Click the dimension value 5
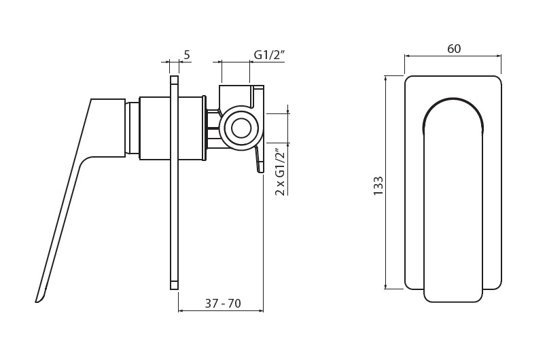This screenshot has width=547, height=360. pyautogui.click(x=187, y=54)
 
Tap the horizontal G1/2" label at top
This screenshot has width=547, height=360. pyautogui.click(x=270, y=55)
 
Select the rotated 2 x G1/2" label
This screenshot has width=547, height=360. pyautogui.click(x=281, y=172)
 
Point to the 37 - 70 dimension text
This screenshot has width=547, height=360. pyautogui.click(x=223, y=304)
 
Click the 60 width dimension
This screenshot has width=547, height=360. pyautogui.click(x=453, y=49)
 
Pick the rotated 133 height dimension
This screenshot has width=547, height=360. pyautogui.click(x=378, y=186)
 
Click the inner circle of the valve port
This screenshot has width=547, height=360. pyautogui.click(x=241, y=127)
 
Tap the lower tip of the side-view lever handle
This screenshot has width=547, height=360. pyautogui.click(x=37, y=301)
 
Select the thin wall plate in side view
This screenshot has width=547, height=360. pyautogui.click(x=175, y=182)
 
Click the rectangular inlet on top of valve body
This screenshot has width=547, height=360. pyautogui.click(x=236, y=95)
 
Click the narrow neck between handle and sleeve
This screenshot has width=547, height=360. pyautogui.click(x=133, y=128)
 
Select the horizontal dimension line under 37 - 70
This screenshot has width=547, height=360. pyautogui.click(x=221, y=310)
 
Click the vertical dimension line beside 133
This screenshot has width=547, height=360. pyautogui.click(x=385, y=182)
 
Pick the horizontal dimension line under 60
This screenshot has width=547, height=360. pyautogui.click(x=453, y=56)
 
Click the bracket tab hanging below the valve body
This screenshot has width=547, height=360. pyautogui.click(x=258, y=159)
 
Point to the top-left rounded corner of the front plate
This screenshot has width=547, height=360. pyautogui.click(x=407, y=79)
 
